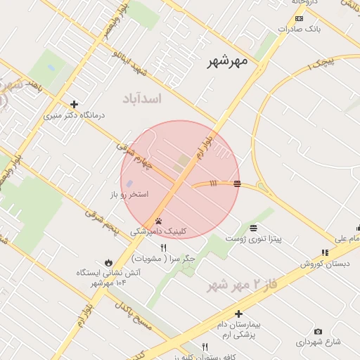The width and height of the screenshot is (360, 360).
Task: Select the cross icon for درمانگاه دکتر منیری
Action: [x=74, y=104]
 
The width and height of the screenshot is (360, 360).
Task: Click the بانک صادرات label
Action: [x=299, y=30]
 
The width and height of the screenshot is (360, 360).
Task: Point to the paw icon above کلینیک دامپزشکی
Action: [x=158, y=220]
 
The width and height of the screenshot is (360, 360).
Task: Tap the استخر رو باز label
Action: [x=129, y=193]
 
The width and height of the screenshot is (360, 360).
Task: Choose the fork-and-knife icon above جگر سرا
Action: [x=164, y=247]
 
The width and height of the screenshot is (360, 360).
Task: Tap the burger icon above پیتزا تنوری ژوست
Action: [x=253, y=228]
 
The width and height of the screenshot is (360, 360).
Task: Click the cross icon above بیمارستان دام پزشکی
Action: [x=239, y=314]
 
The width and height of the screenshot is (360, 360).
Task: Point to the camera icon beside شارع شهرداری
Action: [x=319, y=331]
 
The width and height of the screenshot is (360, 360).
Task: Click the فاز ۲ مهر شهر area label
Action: [x=238, y=285]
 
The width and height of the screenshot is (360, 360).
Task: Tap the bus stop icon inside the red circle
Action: [x=238, y=184]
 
